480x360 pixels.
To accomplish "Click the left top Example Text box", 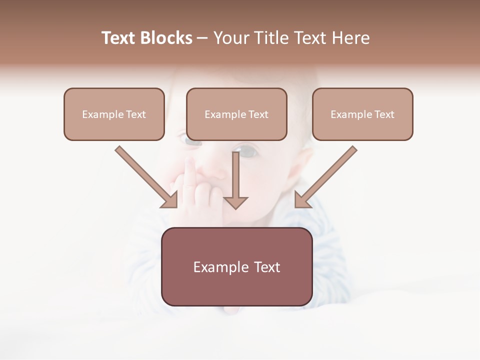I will (x=114, y=114).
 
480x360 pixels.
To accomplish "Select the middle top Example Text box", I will (x=236, y=114).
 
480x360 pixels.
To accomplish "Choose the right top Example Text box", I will (x=362, y=114).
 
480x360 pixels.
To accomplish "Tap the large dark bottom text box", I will (x=236, y=267).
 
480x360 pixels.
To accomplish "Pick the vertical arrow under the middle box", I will (x=235, y=177).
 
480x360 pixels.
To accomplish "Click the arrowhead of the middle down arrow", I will (x=235, y=202).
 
